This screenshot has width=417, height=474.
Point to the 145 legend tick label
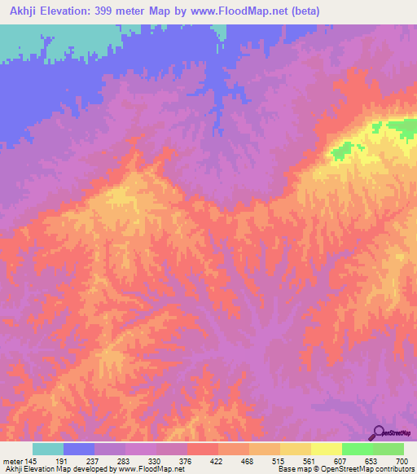25,460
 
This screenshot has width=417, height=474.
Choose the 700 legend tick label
400,460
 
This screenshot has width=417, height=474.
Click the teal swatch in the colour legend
48,449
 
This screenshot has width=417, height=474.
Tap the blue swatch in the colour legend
79,449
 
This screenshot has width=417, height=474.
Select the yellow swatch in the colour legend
326,449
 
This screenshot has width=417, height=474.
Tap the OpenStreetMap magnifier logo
378,432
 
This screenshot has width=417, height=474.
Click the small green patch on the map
347,148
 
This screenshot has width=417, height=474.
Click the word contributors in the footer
393,469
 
